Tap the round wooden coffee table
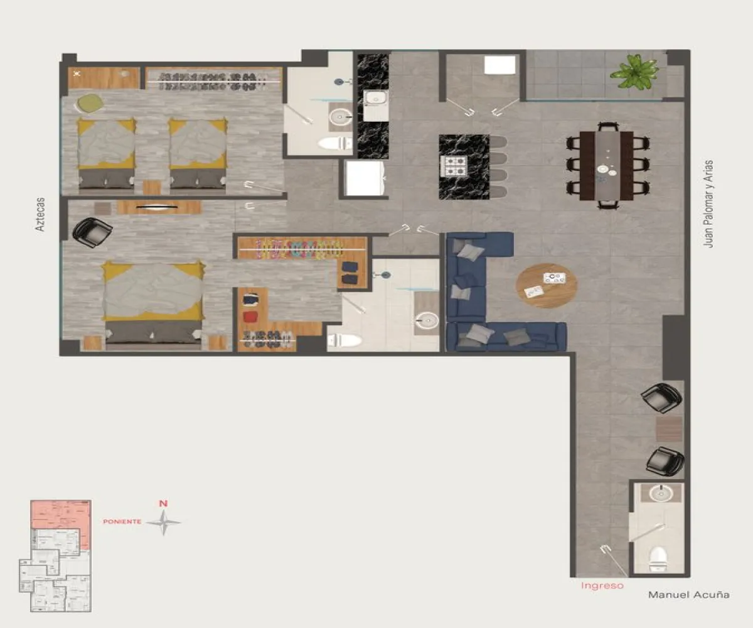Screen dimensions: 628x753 click(546, 285)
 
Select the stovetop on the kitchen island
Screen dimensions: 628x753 click(456, 166)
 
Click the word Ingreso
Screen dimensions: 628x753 click(602, 586)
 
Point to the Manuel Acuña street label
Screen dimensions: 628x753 click(688, 595)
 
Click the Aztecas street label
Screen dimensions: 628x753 click(41, 215)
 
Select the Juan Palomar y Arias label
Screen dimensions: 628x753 click(709, 204)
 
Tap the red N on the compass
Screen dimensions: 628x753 click(163, 503)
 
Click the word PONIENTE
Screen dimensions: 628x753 click(122, 522)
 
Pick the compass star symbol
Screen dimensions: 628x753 click(163, 522)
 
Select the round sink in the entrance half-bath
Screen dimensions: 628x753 click(660, 494)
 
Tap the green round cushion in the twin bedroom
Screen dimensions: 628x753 click(89, 102)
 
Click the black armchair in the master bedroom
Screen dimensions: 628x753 click(92, 231)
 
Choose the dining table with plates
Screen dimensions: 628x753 click(606, 165)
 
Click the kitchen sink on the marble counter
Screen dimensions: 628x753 click(376, 99)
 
